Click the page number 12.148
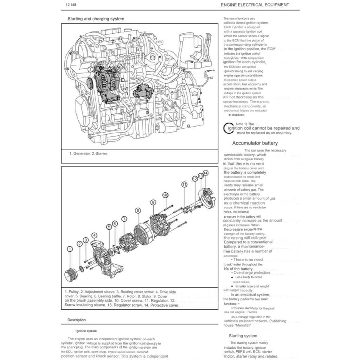pyautogui.click(x=71, y=5)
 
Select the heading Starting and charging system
pyautogui.click(x=96, y=19)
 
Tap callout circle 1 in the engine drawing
pyautogui.click(x=90, y=70)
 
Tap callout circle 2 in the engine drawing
pyautogui.click(x=140, y=82)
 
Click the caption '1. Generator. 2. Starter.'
pyautogui.click(x=88, y=154)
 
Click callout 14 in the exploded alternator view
pyautogui.click(x=205, y=173)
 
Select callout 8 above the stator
pyautogui.click(x=138, y=210)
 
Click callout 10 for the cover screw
pyautogui.click(x=165, y=195)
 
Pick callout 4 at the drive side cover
pyautogui.click(x=94, y=235)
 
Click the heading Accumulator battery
pyautogui.click(x=255, y=143)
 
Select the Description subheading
pyautogui.click(x=76, y=320)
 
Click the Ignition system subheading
pyautogui.click(x=86, y=331)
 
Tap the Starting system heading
pyautogui.click(x=243, y=336)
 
